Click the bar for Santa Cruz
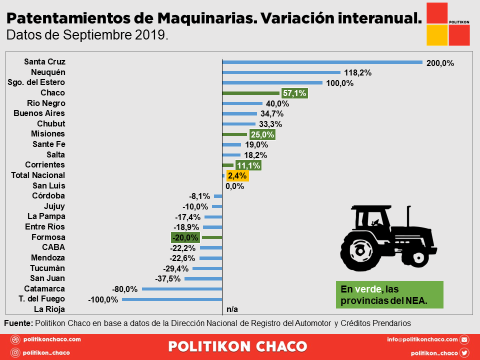pos(322,62)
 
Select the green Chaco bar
pos(250,93)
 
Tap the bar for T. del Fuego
pos(172,299)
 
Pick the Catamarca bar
pos(182,289)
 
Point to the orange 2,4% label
pos(237,175)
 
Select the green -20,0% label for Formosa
pos(185,237)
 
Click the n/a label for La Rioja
pos(232,309)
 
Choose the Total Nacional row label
pos(38,175)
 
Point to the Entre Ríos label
pos(46,227)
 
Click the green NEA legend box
pos(389,295)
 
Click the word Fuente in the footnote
pos(18,323)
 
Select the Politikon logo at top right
pos(448,23)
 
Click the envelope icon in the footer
pos(464,340)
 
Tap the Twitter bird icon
pos(464,352)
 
